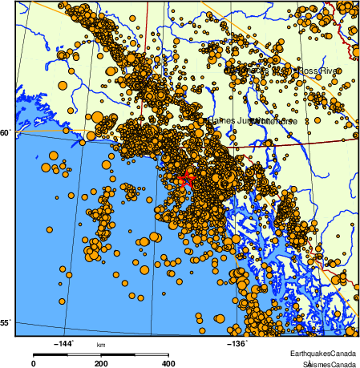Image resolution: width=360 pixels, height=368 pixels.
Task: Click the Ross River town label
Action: pos(319,71)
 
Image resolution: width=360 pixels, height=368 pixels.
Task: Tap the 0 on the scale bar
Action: pos(33,363)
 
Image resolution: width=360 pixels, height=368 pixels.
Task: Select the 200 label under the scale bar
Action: pos(101,363)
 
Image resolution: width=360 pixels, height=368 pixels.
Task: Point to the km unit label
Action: pos(101,345)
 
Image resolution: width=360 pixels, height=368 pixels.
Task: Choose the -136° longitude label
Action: pos(237,344)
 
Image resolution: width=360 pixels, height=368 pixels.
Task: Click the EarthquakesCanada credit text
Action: pos(323,353)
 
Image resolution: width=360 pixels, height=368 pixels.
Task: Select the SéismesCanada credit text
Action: pos(325,363)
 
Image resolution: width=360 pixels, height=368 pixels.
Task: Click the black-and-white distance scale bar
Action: pos(101,354)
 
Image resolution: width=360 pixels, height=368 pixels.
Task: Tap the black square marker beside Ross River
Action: pos(296,71)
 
